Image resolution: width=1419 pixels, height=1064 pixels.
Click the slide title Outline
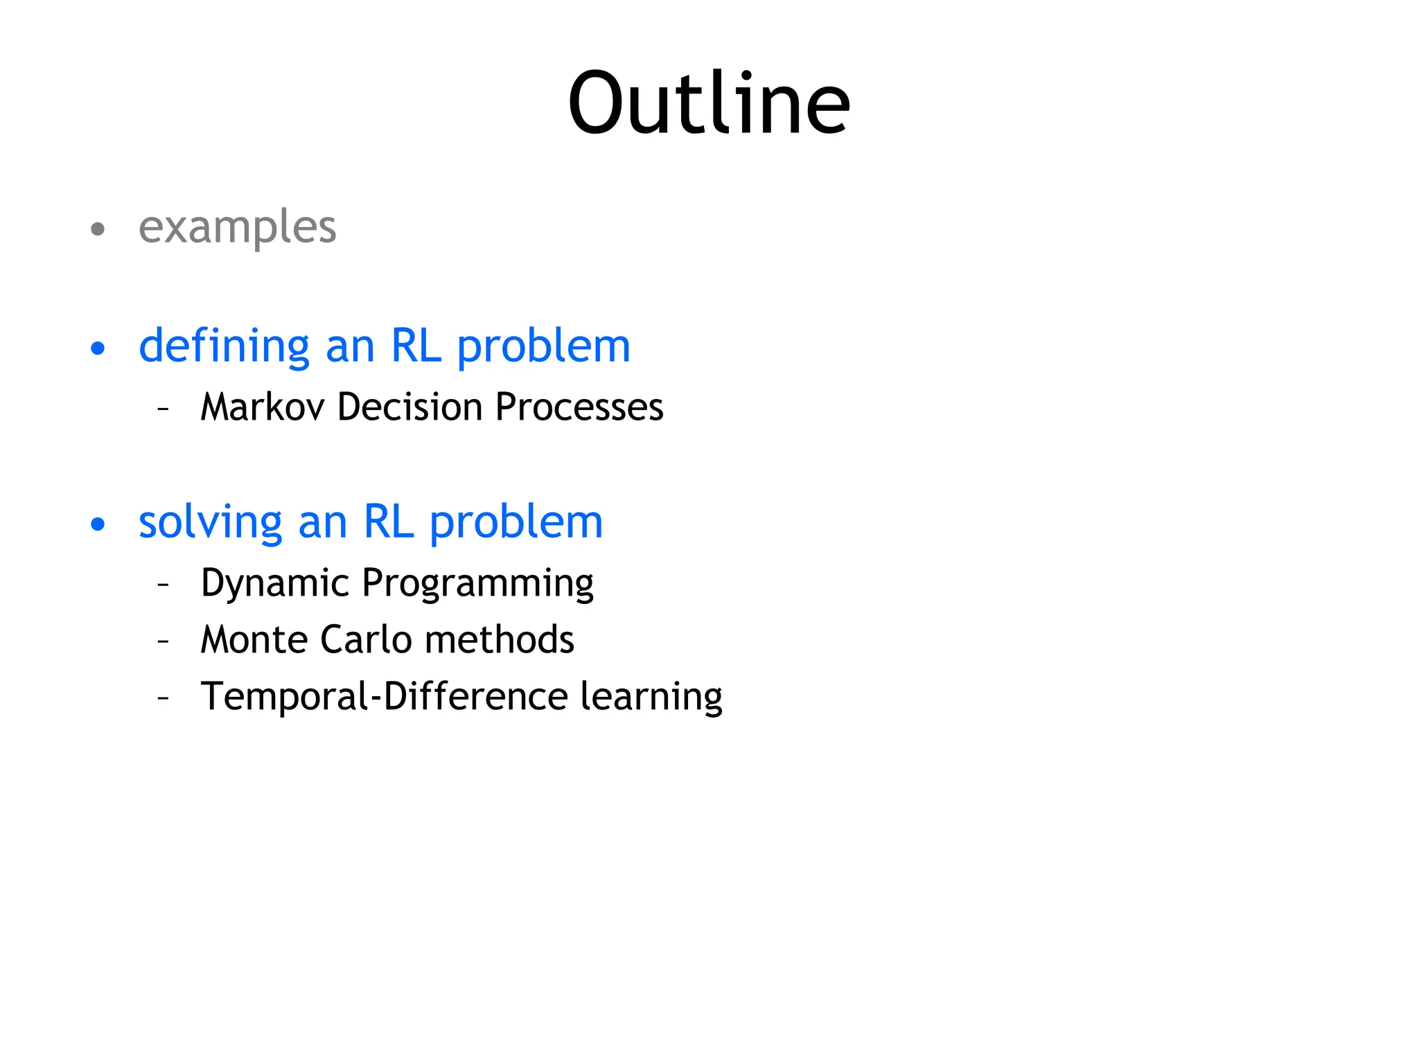coord(708,104)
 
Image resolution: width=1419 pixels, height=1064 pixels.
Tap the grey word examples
coord(237,227)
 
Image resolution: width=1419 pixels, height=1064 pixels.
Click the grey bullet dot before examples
coord(98,229)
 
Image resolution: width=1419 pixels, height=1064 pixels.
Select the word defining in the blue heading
coord(224,346)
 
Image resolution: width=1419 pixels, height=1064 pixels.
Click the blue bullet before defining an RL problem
coord(98,348)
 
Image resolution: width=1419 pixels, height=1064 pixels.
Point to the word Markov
coord(262,407)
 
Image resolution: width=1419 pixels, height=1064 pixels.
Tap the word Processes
coord(579,407)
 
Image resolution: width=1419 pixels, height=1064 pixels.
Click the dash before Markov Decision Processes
coord(164,408)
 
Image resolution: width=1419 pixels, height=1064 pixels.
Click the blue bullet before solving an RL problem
coord(98,524)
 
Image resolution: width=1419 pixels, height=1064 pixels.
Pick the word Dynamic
coord(274,583)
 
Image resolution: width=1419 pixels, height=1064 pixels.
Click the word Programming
coord(477,583)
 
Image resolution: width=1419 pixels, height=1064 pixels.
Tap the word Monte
coord(254,639)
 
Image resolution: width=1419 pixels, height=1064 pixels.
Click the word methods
coord(499,639)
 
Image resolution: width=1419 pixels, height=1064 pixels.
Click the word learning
coord(651,698)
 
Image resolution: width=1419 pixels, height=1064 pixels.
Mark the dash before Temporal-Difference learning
coord(164,698)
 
